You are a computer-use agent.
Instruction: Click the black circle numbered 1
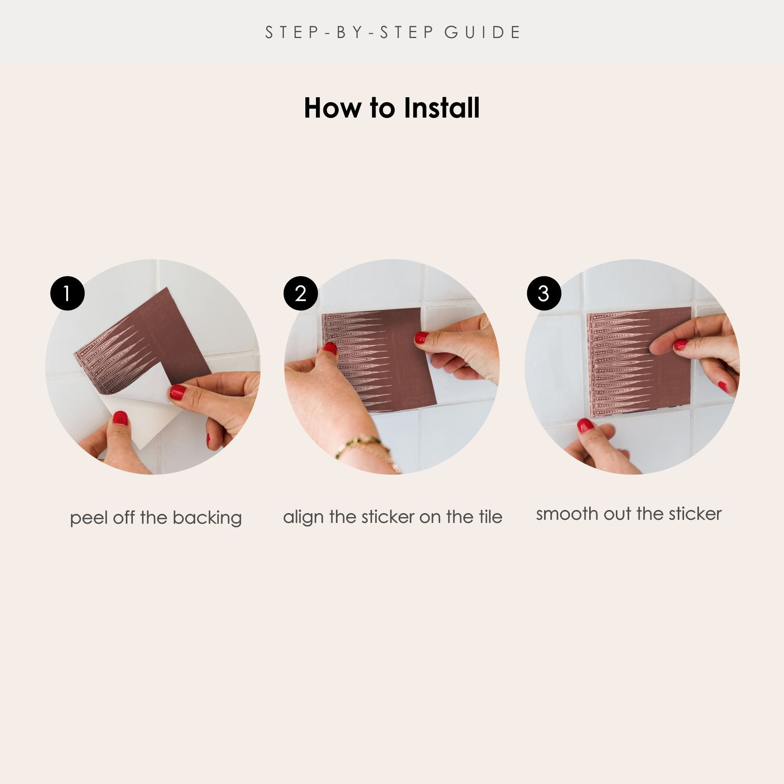point(67,293)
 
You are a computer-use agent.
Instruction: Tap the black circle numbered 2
point(301,293)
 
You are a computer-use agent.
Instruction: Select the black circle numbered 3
point(544,293)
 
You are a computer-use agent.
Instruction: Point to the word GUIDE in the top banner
point(483,33)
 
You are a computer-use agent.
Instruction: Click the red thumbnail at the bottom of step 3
point(585,426)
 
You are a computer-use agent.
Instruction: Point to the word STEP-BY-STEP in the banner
point(349,33)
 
